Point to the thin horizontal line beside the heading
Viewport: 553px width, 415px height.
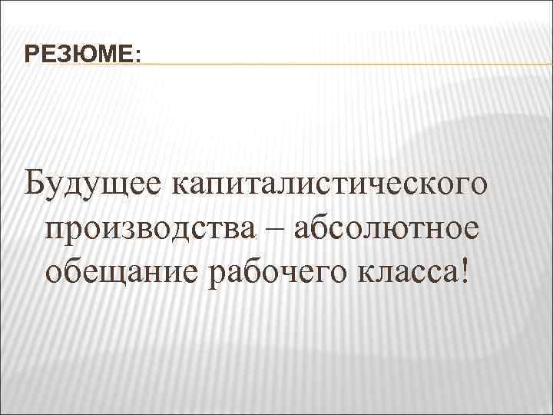[346, 64]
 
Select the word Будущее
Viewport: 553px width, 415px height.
[94, 185]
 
